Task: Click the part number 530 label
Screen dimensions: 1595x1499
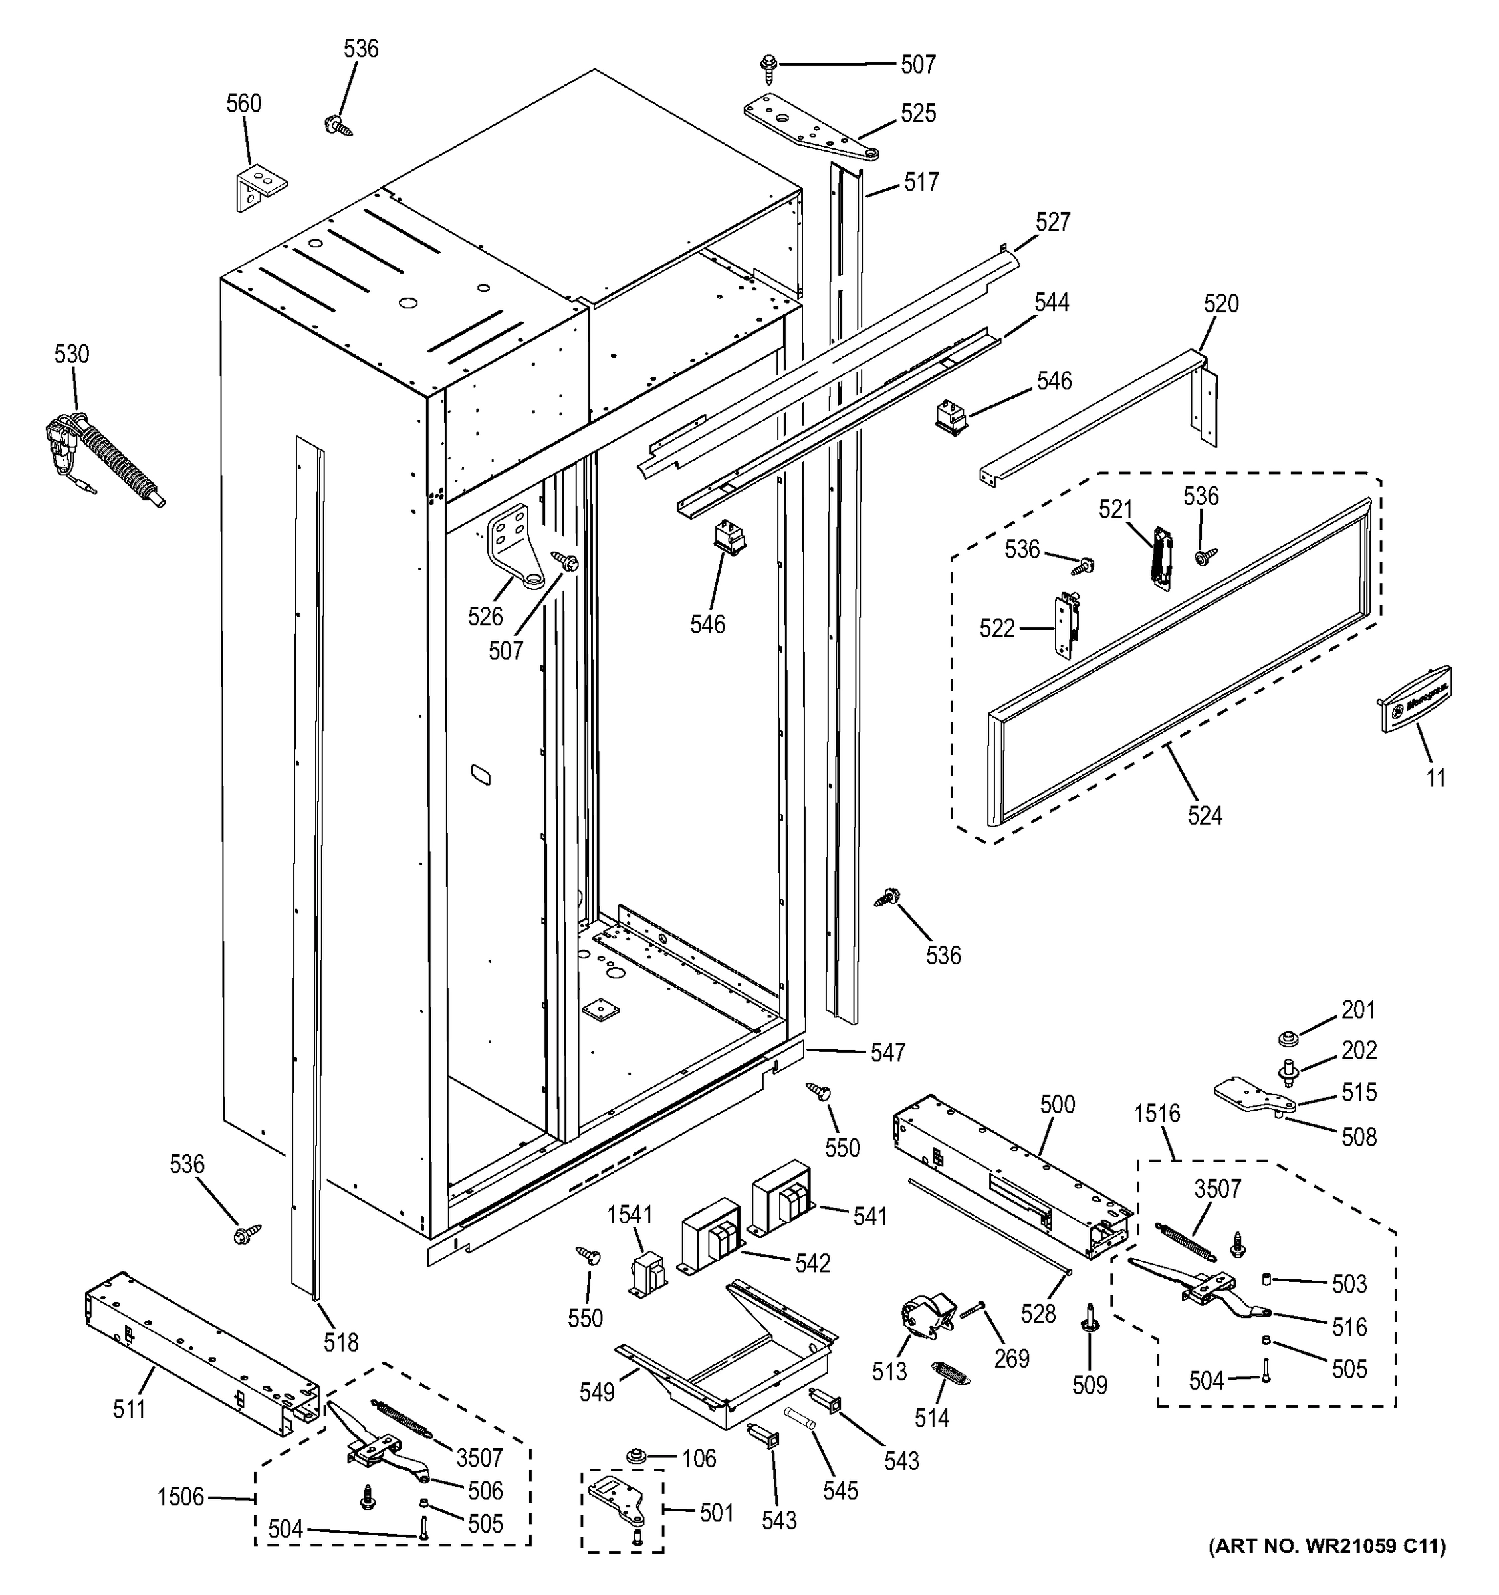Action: coord(71,354)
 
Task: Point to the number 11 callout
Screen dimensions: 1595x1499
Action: coord(1436,778)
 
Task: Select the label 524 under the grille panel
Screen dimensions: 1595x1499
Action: coord(1205,816)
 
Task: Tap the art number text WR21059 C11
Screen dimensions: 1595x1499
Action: coord(1327,1568)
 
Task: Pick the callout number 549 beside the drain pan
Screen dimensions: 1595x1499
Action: coord(597,1392)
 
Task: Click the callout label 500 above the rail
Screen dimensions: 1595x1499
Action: coord(1057,1105)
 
